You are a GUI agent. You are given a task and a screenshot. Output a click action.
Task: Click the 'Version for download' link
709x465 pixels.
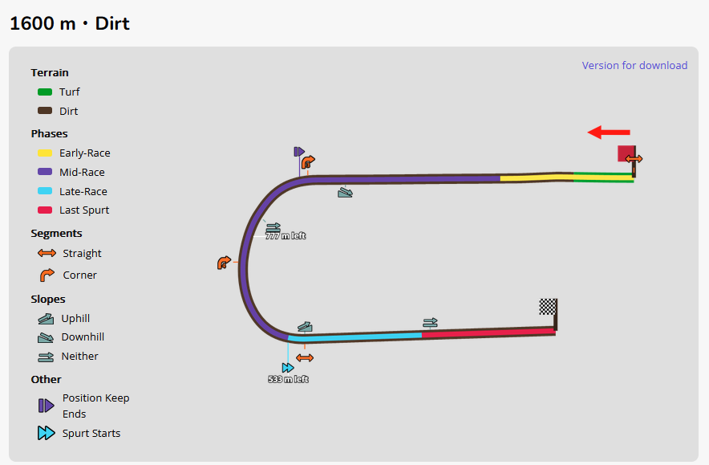tap(634, 66)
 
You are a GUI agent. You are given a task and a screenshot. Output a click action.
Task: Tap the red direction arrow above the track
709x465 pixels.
tap(609, 133)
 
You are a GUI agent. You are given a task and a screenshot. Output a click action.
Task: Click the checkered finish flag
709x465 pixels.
tap(548, 306)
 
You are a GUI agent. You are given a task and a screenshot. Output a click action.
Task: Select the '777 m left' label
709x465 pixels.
tap(286, 236)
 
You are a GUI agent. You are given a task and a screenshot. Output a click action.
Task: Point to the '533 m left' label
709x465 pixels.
tap(288, 379)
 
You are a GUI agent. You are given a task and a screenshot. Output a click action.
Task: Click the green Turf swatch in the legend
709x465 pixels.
tap(45, 92)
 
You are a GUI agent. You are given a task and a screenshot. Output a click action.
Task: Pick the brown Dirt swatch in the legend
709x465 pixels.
tap(45, 112)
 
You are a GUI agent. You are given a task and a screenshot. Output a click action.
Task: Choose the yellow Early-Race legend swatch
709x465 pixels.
tap(45, 153)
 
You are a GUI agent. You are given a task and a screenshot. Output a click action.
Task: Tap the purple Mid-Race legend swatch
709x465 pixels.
tap(45, 173)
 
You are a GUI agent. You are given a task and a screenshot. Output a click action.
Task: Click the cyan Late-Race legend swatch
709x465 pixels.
tap(45, 192)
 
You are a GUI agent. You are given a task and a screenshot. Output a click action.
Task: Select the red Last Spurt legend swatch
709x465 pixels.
tap(45, 210)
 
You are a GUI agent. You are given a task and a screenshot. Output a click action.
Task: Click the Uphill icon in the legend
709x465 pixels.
tap(46, 319)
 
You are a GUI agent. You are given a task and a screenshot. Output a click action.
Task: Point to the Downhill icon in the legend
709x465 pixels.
tap(46, 337)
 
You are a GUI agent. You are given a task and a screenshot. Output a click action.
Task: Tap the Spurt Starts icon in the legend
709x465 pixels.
tap(46, 434)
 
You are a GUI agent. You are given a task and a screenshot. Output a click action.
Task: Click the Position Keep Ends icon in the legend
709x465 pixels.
tap(46, 406)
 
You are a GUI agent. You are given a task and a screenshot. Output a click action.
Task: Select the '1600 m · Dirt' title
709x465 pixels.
tap(70, 23)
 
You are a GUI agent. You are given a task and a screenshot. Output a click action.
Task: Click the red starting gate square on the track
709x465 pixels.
tap(626, 153)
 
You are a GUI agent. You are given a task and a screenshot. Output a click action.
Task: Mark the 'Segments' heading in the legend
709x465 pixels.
tap(56, 234)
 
